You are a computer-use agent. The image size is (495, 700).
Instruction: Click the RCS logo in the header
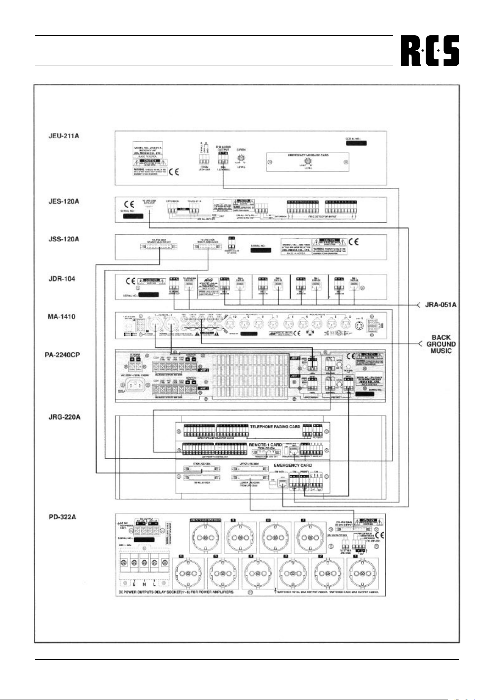pos(429,51)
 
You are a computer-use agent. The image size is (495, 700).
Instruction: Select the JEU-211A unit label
pos(64,135)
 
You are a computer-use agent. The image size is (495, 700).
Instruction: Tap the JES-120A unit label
pos(64,201)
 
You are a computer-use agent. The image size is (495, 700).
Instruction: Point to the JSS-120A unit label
pos(63,239)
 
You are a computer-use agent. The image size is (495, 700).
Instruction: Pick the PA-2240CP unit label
pos(62,355)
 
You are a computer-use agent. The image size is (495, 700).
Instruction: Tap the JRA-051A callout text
pos(441,305)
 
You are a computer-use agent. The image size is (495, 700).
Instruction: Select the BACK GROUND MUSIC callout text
pos(441,344)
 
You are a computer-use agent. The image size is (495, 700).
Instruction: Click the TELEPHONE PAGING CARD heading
pos(275,427)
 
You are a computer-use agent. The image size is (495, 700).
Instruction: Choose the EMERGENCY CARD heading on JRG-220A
pos(293,465)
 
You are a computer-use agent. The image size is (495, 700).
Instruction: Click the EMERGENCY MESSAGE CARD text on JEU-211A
pos(308,155)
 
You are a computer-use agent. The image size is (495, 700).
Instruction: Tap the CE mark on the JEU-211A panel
pos(174,172)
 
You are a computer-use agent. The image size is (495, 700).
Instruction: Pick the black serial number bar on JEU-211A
pos(356,143)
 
